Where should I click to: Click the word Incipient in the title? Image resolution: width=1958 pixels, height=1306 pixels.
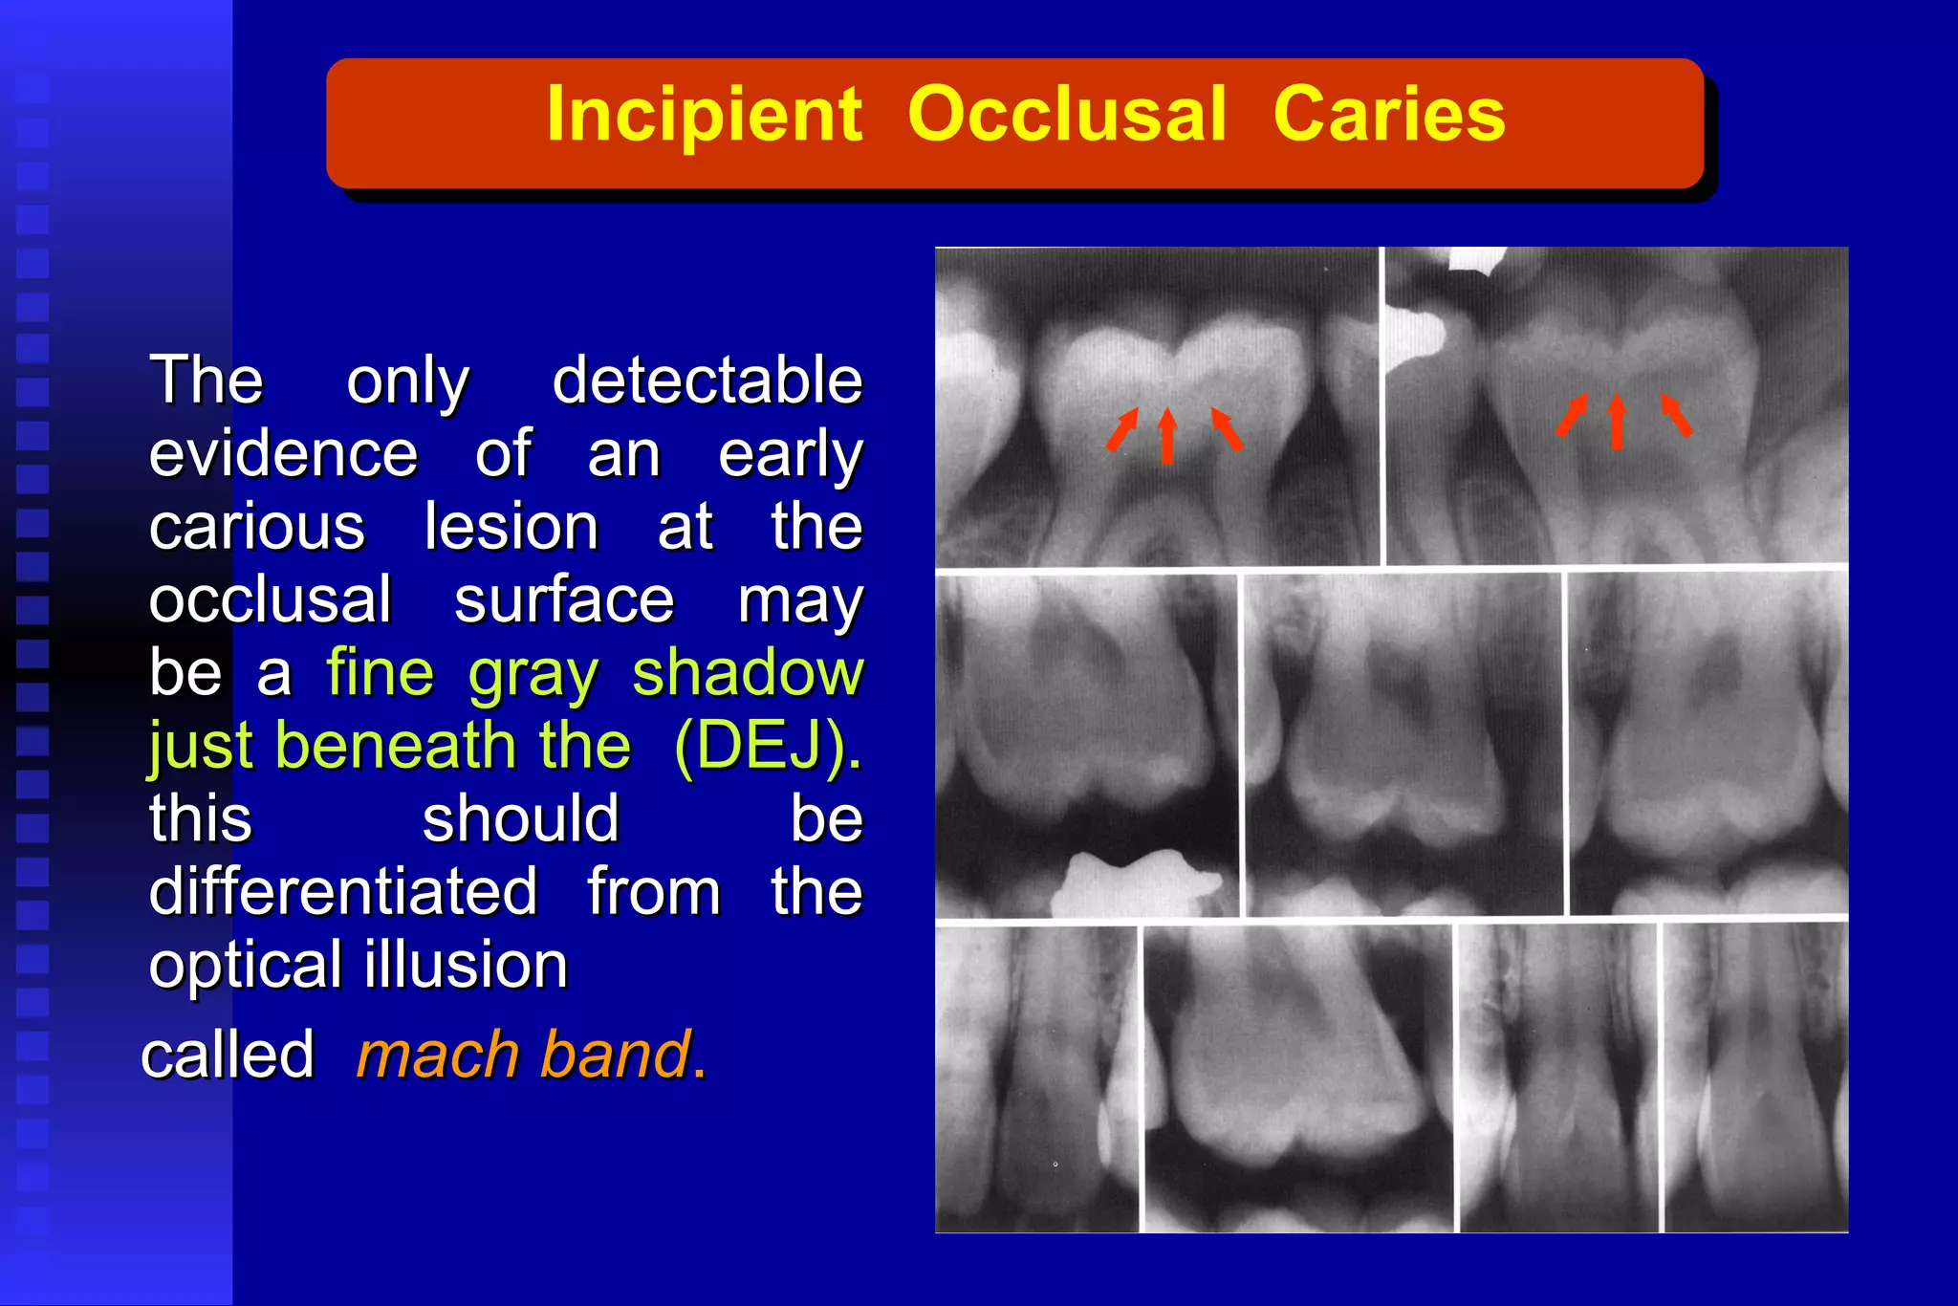pyautogui.click(x=704, y=116)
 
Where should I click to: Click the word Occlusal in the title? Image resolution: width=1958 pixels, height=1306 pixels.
pyautogui.click(x=1067, y=116)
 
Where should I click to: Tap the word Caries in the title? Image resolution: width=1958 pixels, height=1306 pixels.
pyautogui.click(x=1388, y=116)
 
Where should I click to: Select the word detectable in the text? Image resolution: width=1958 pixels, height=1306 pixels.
pyautogui.click(x=707, y=381)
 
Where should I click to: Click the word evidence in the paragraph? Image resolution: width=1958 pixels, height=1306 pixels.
pyautogui.click(x=283, y=454)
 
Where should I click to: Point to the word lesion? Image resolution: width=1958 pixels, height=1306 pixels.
pyautogui.click(x=511, y=527)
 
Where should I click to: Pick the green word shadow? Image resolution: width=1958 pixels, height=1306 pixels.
pyautogui.click(x=748, y=673)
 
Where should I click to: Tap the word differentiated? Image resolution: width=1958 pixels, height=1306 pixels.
pyautogui.click(x=343, y=892)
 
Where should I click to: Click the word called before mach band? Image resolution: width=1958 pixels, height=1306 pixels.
pyautogui.click(x=228, y=1055)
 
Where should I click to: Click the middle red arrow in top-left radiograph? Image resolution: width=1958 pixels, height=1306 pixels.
pyautogui.click(x=1166, y=436)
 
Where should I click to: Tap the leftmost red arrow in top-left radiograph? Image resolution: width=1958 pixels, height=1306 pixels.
pyautogui.click(x=1123, y=427)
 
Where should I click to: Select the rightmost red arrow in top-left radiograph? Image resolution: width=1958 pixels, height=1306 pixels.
pyautogui.click(x=1227, y=427)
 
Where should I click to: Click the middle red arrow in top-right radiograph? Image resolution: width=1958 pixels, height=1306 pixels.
pyautogui.click(x=1617, y=422)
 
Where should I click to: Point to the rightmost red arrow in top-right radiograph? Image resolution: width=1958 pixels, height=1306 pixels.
pyautogui.click(x=1676, y=414)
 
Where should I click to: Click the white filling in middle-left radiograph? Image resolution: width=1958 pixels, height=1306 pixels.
pyautogui.click(x=1133, y=884)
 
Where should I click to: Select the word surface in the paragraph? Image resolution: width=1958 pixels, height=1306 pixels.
pyautogui.click(x=564, y=600)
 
